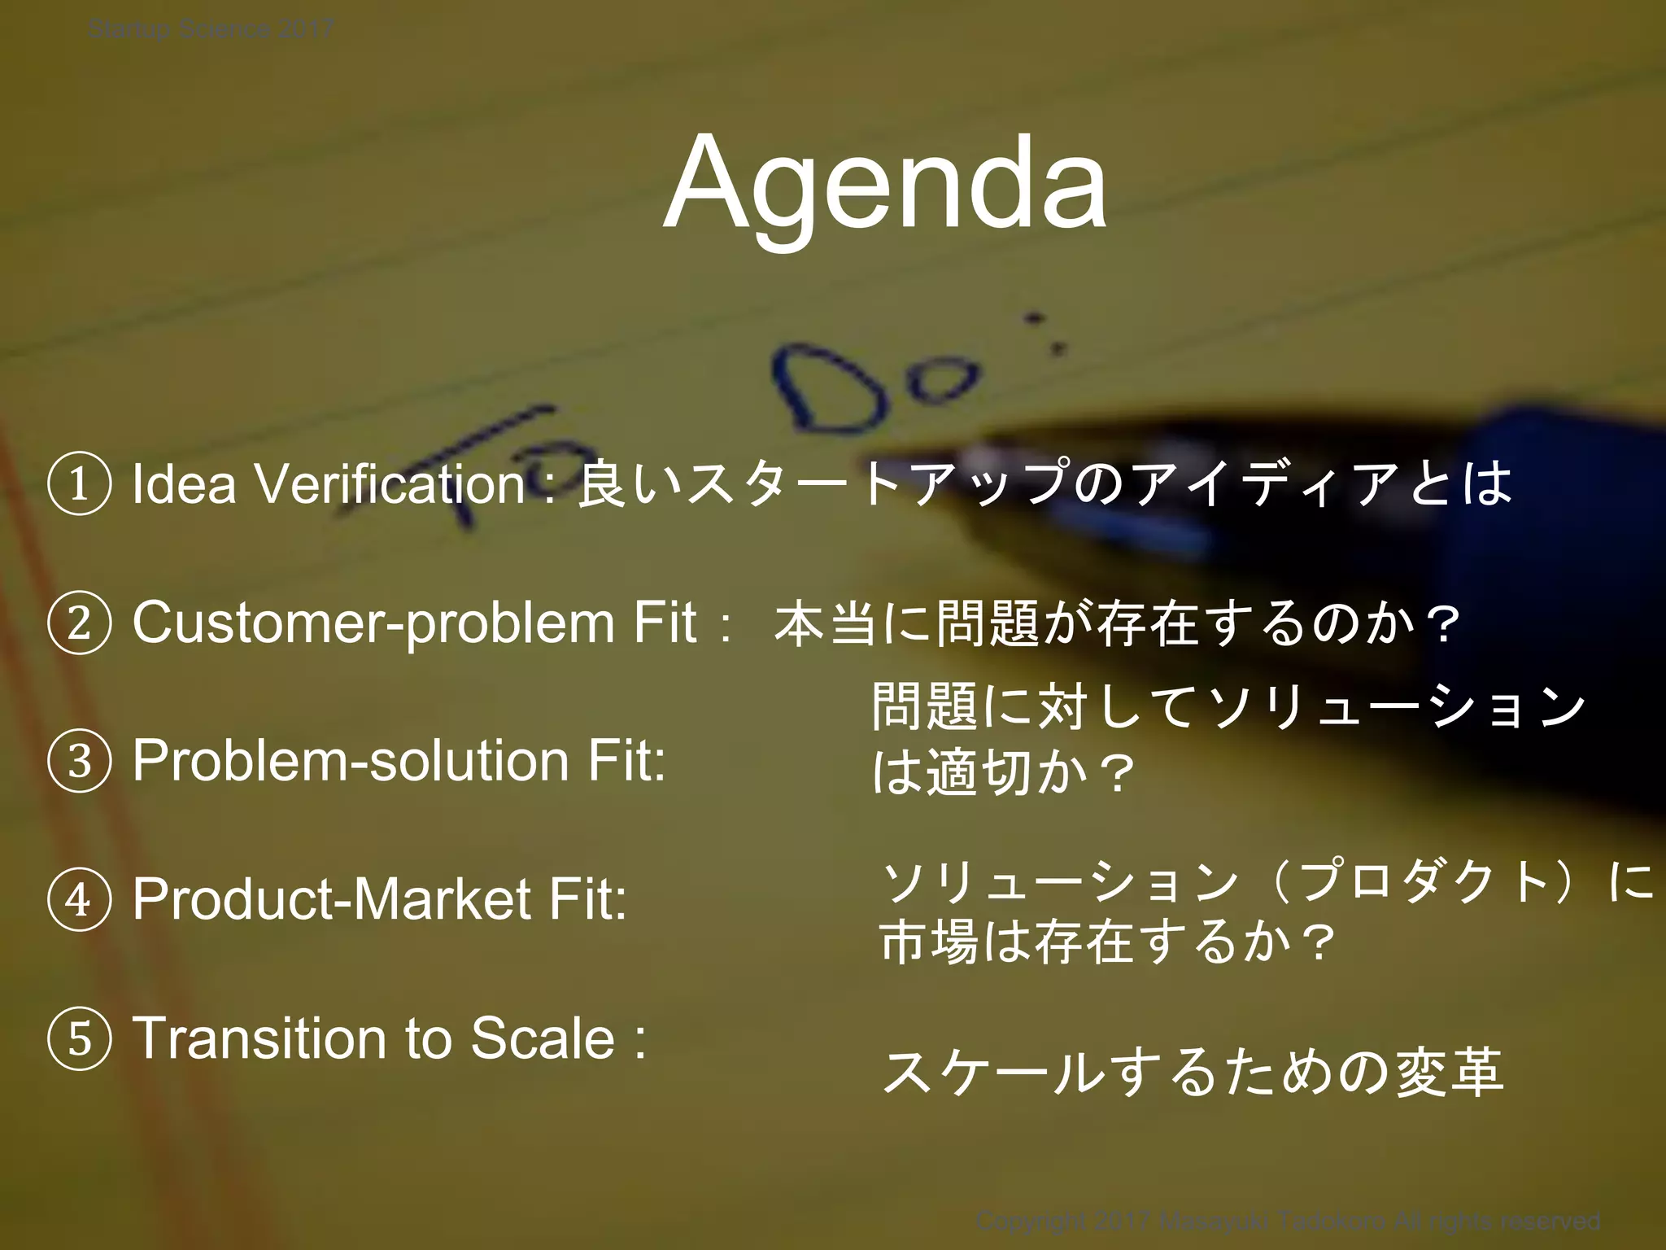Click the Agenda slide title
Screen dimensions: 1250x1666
point(884,186)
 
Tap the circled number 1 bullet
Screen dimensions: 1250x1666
point(79,484)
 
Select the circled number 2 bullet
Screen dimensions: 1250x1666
point(79,623)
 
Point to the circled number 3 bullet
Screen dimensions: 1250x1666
point(79,762)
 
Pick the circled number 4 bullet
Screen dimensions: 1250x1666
point(79,900)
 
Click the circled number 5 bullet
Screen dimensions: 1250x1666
point(79,1039)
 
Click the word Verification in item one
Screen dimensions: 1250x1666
point(390,484)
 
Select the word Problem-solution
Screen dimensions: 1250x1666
point(350,762)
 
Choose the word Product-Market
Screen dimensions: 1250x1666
point(332,900)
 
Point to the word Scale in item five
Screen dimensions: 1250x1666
point(543,1039)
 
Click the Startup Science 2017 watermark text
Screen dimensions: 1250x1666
point(210,30)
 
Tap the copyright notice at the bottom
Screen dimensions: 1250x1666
point(1288,1221)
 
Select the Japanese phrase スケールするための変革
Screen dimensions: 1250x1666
point(1193,1073)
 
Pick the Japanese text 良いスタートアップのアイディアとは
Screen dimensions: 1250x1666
point(1045,484)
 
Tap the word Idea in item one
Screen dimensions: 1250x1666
point(184,484)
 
